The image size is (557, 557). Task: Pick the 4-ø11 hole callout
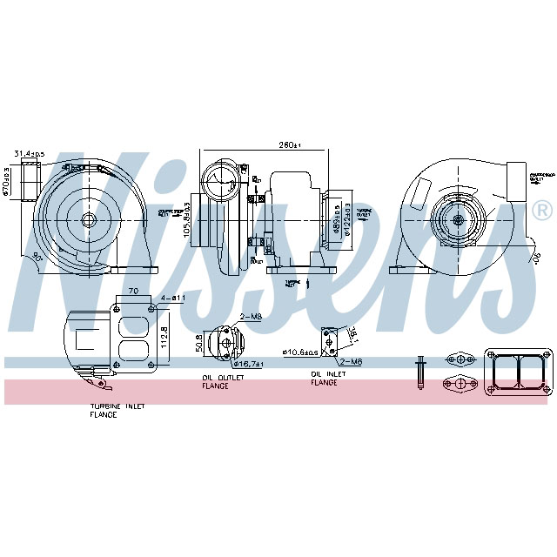tap(173, 299)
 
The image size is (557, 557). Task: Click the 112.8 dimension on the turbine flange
tap(164, 335)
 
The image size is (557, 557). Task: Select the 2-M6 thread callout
tap(351, 360)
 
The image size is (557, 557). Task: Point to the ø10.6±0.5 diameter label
tap(299, 352)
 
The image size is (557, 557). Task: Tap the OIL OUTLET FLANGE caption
tap(223, 381)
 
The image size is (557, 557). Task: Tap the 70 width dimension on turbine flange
tap(133, 291)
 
